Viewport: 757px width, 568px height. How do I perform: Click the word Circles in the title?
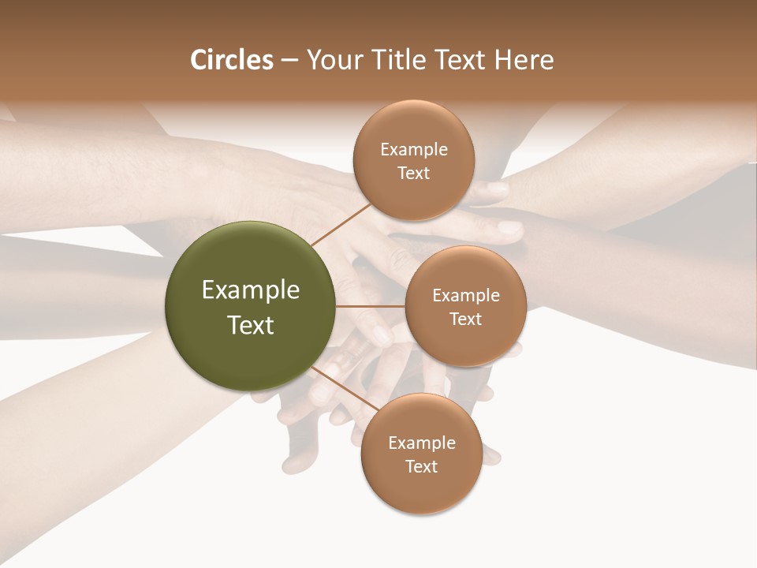[231, 60]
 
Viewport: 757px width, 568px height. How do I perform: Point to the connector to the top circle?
[341, 224]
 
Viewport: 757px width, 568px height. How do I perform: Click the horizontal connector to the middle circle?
[370, 306]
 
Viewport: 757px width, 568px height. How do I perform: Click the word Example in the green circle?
[250, 290]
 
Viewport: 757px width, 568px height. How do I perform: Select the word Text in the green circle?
[250, 325]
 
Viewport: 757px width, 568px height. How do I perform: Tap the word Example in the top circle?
[414, 150]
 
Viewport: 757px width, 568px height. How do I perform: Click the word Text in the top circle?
[414, 174]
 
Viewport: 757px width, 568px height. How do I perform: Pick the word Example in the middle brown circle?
[465, 296]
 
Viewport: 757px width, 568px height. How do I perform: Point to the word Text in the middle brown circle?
[465, 319]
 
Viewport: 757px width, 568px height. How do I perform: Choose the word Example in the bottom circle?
[421, 443]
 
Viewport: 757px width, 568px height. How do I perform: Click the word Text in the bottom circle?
[421, 467]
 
